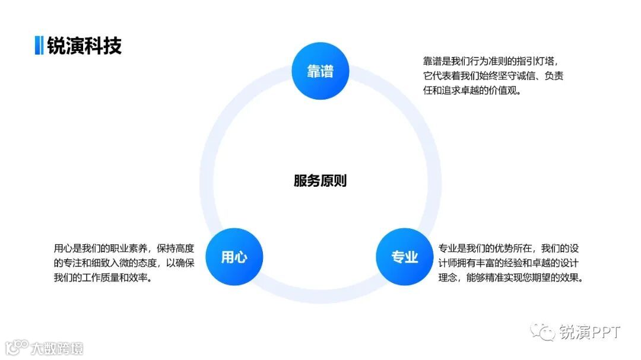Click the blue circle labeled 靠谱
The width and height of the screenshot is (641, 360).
[320, 71]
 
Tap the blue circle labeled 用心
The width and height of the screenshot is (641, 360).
[234, 257]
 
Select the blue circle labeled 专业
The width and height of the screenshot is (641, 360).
[405, 257]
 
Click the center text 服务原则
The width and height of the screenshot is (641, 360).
[320, 181]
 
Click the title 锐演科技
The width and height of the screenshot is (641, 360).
[84, 46]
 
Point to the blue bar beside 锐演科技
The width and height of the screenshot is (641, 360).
[39, 46]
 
